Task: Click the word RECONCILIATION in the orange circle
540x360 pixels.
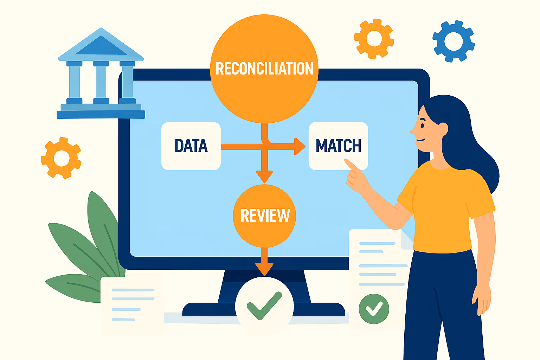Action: click(x=264, y=69)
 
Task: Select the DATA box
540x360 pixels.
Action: click(x=191, y=146)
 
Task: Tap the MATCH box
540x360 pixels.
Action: click(x=338, y=146)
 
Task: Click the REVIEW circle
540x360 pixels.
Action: click(x=264, y=216)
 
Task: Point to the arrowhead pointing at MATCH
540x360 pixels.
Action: click(x=300, y=146)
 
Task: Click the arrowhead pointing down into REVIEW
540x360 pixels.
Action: click(x=264, y=176)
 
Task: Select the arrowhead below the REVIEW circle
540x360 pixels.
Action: click(x=264, y=269)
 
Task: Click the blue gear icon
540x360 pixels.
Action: click(x=454, y=41)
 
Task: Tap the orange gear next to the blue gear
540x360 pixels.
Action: click(x=374, y=38)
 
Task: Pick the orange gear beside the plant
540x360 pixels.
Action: click(x=62, y=158)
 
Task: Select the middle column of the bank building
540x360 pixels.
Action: click(x=101, y=82)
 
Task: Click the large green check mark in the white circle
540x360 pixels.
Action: click(x=264, y=305)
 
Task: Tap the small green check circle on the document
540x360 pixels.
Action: click(x=374, y=309)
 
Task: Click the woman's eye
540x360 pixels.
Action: click(x=423, y=124)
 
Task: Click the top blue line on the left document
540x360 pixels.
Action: click(x=133, y=290)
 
